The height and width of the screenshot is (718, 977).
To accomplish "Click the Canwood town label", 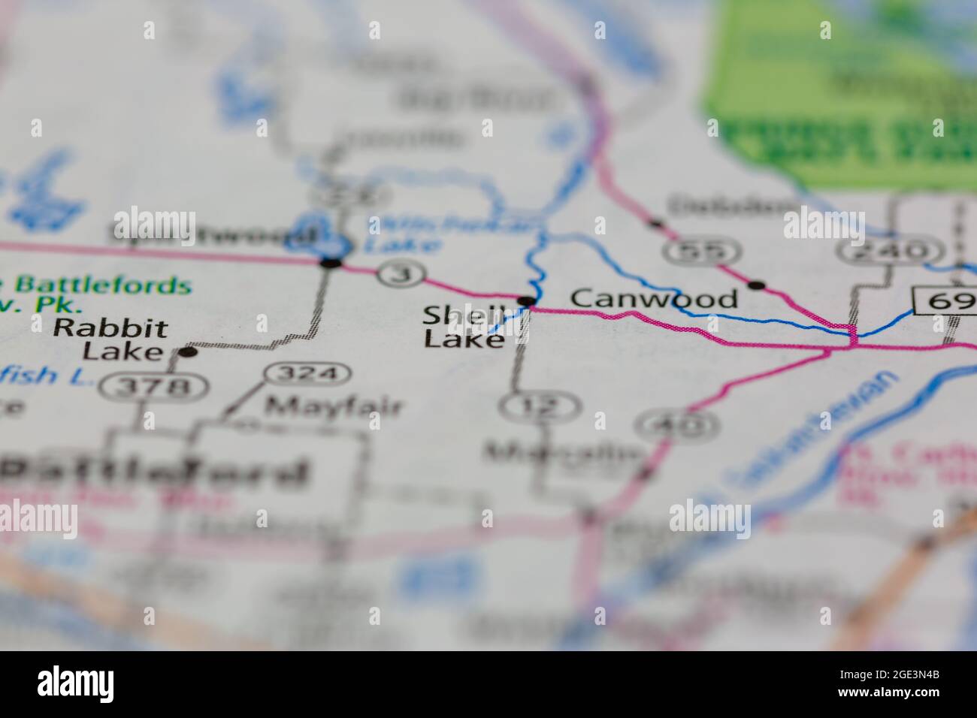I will pos(654,299).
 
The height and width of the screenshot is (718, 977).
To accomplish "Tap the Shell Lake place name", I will pos(462,327).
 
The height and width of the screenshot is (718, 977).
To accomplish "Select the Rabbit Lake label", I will pos(110,339).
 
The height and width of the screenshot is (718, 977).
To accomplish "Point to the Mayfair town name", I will pos(334,406).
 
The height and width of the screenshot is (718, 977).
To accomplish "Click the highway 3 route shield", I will pos(403,273).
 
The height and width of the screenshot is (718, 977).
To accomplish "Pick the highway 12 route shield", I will pos(540,407).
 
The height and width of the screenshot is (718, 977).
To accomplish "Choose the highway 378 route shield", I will pos(156,387).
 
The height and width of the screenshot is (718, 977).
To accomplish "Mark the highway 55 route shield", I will pos(695,252).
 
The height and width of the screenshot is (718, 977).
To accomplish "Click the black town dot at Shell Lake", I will pos(528,301).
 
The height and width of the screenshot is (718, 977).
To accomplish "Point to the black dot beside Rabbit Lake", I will pos(187,351).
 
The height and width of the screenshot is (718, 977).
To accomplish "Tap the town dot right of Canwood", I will pos(757,285).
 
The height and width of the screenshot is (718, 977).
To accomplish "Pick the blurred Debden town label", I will pos(732,204).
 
